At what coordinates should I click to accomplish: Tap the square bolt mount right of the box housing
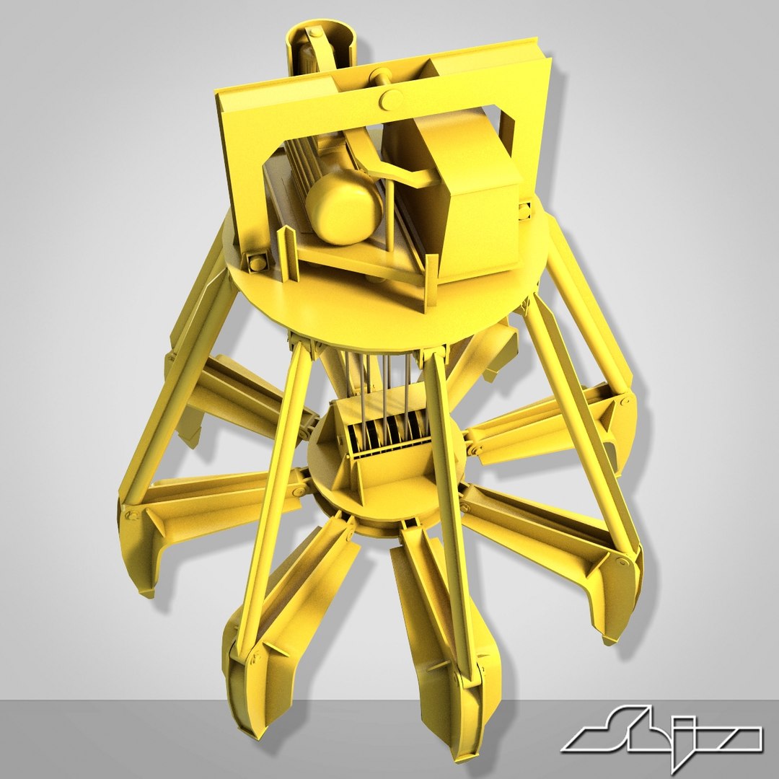[x=524, y=211]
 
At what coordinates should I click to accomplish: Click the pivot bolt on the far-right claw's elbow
[x=620, y=561]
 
